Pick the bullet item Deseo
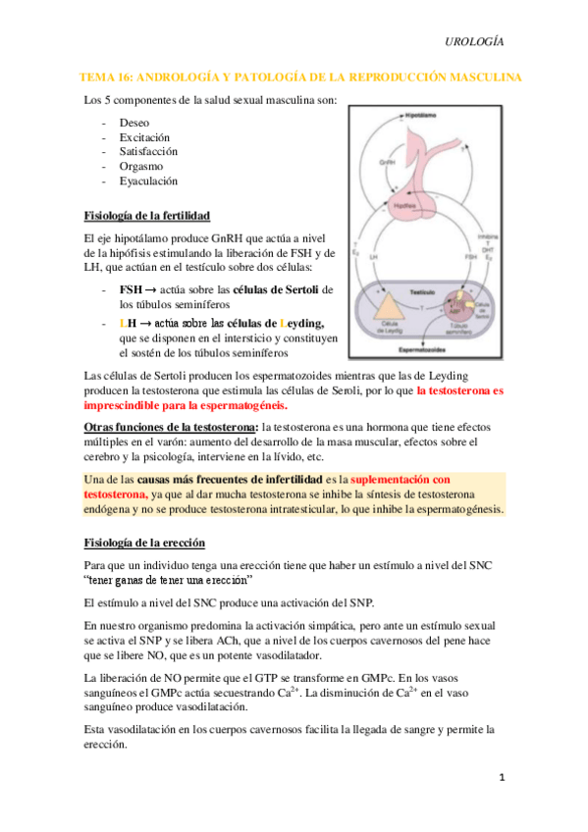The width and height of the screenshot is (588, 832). coord(134,123)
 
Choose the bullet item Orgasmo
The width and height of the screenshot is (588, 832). coord(140,167)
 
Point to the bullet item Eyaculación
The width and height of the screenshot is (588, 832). coord(148,182)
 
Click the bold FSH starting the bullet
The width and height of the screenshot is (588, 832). coord(131,289)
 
